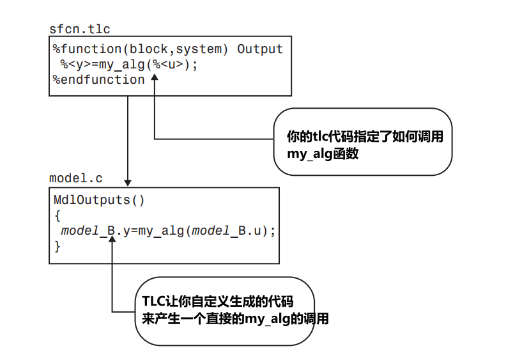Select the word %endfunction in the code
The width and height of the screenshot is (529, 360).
click(99, 79)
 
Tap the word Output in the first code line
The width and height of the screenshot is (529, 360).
click(260, 49)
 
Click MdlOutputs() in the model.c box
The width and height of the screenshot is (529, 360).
click(99, 200)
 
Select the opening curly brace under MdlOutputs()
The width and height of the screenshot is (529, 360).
click(57, 215)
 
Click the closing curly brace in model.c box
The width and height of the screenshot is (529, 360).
click(57, 246)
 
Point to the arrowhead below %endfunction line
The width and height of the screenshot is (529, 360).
click(155, 78)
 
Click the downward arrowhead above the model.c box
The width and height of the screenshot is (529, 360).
click(128, 182)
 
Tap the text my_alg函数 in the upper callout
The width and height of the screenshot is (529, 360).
click(323, 153)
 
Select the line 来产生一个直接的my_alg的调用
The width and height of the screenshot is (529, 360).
click(235, 318)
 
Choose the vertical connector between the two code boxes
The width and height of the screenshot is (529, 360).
click(128, 137)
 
